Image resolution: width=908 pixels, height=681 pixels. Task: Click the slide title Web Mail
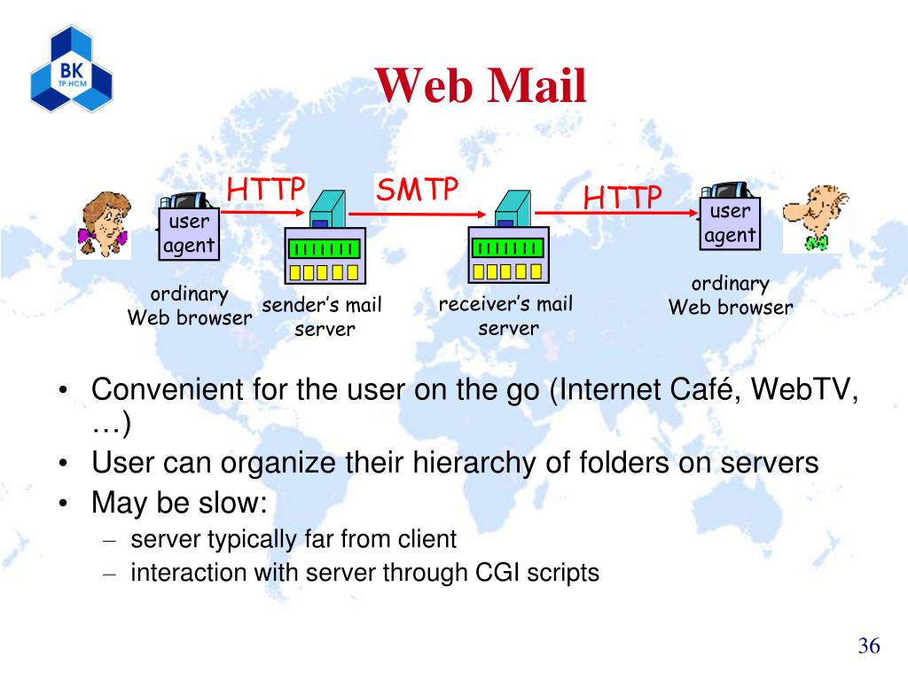pyautogui.click(x=481, y=87)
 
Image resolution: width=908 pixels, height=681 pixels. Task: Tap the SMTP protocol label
pyautogui.click(x=418, y=189)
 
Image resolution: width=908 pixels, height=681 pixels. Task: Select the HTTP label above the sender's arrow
pyautogui.click(x=266, y=190)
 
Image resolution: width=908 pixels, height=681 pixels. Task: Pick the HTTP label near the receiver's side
pyautogui.click(x=622, y=198)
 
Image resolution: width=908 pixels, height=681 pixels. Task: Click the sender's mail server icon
pyautogui.click(x=325, y=236)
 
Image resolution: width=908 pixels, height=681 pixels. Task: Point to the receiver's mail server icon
pyautogui.click(x=506, y=236)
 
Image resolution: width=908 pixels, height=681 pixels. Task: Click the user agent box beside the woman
pyautogui.click(x=189, y=234)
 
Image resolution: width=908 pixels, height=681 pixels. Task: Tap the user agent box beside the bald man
pyautogui.click(x=730, y=223)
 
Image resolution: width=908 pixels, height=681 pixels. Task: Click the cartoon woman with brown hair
pyautogui.click(x=104, y=225)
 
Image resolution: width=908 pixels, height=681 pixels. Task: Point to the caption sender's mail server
pyautogui.click(x=322, y=317)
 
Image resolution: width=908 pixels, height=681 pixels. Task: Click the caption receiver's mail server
pyautogui.click(x=506, y=317)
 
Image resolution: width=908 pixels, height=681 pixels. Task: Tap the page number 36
pyautogui.click(x=868, y=646)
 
